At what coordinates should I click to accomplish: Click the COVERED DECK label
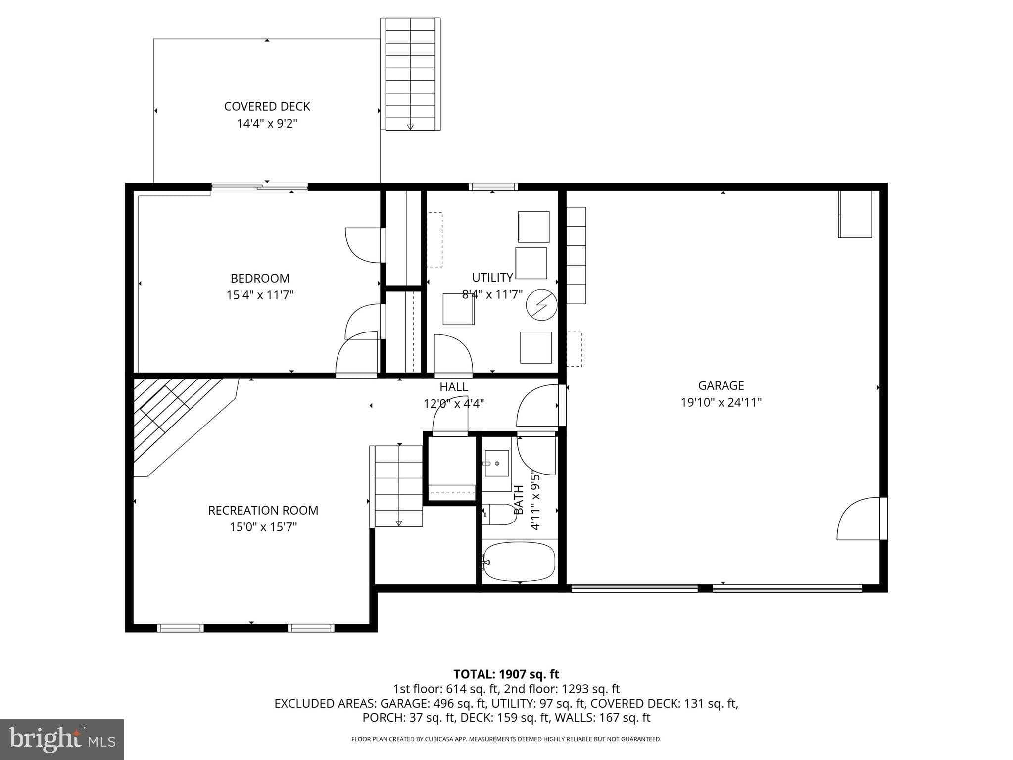pyautogui.click(x=267, y=106)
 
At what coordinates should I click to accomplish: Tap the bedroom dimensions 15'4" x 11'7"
pyautogui.click(x=260, y=295)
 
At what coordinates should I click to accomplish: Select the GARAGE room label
pyautogui.click(x=721, y=385)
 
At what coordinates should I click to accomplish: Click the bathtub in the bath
pyautogui.click(x=519, y=562)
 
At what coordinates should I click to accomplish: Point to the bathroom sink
pyautogui.click(x=496, y=464)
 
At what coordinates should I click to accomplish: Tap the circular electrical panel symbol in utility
pyautogui.click(x=541, y=305)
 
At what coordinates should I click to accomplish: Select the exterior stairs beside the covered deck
pyautogui.click(x=410, y=74)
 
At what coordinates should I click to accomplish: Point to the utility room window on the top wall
pyautogui.click(x=493, y=187)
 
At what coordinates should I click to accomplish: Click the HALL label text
pyautogui.click(x=453, y=387)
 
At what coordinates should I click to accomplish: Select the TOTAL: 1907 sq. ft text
pyautogui.click(x=506, y=674)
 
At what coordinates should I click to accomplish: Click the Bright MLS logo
pyautogui.click(x=62, y=739)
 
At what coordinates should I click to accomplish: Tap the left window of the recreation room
pyautogui.click(x=180, y=628)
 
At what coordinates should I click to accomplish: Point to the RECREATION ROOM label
pyautogui.click(x=263, y=510)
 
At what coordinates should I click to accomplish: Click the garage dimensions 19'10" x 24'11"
pyautogui.click(x=721, y=402)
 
